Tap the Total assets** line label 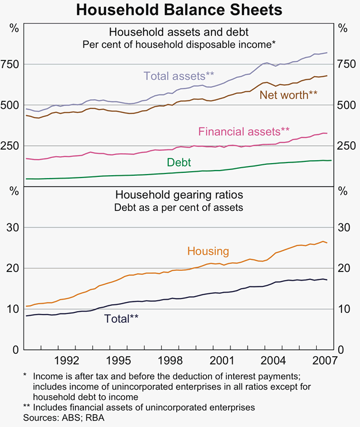pos(179,75)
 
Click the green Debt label pos(179,163)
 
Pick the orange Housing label pos(208,251)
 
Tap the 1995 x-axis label pos(119,361)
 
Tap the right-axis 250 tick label pos(344,146)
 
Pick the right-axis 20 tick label pos(343,269)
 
